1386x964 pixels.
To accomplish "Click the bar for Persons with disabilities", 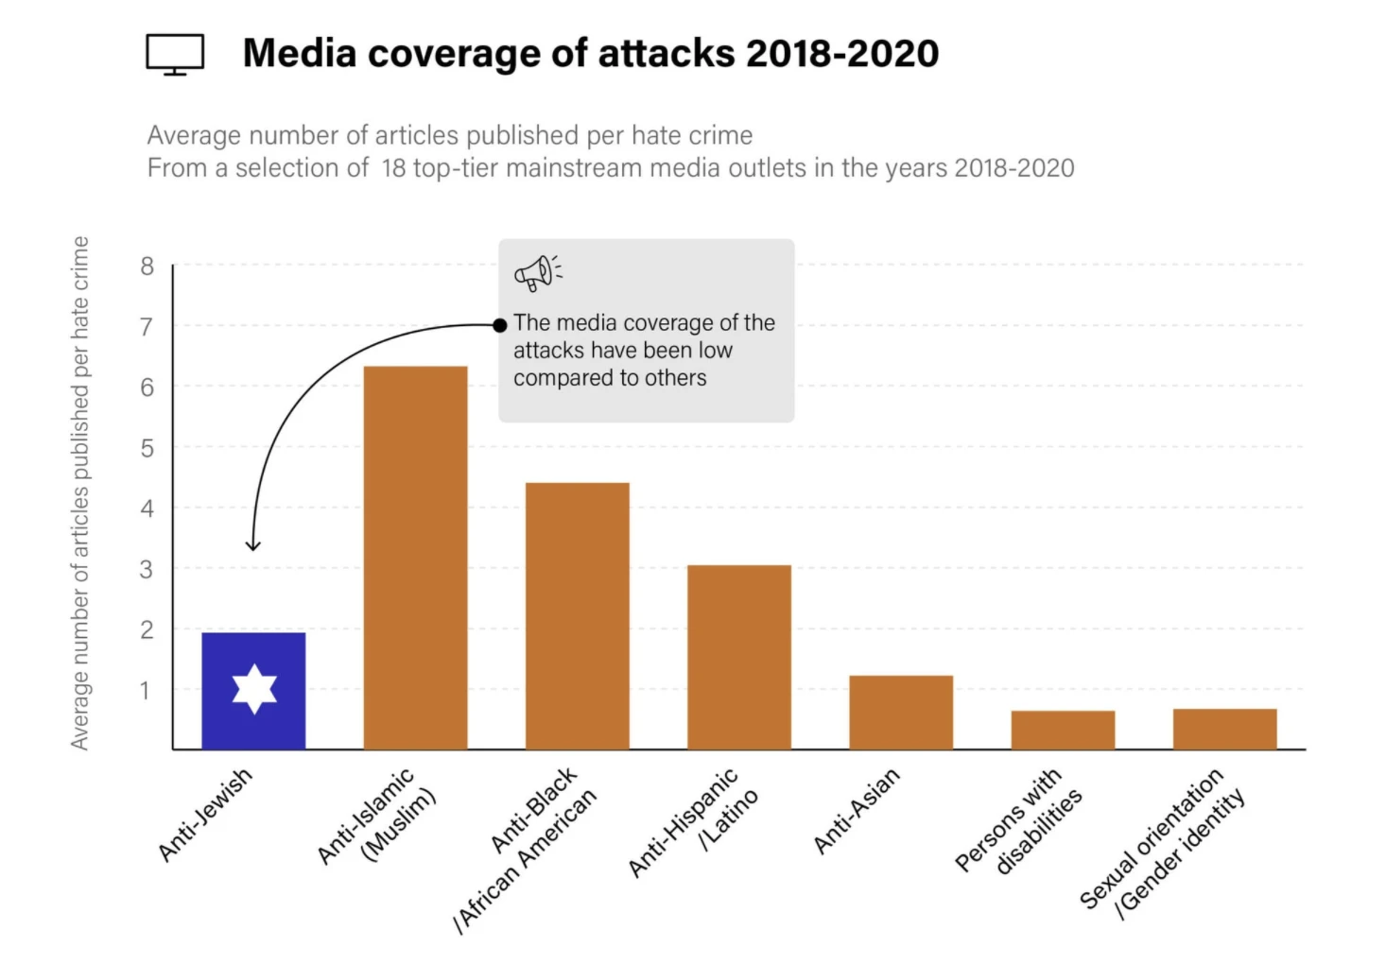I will (x=1063, y=730).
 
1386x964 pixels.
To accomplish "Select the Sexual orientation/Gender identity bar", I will (x=1224, y=729).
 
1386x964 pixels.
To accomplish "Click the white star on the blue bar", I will (x=254, y=688).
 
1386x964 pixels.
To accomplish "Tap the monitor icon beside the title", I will (x=175, y=54).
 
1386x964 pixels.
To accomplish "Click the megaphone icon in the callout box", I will (x=537, y=272).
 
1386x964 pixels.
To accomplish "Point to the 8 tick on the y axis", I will (x=147, y=267).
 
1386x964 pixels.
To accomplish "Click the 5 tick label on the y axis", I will (x=147, y=448).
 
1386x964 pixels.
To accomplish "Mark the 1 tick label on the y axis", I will (x=145, y=690).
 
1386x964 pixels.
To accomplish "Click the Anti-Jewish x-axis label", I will (x=205, y=814).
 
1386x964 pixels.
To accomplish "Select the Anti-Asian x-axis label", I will (x=856, y=811).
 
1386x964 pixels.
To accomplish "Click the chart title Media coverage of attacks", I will (x=591, y=53).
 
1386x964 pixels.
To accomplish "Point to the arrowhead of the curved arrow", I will (x=252, y=546).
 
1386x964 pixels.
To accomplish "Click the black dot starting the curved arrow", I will (x=500, y=325).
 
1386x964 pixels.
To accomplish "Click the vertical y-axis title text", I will (x=80, y=492).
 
